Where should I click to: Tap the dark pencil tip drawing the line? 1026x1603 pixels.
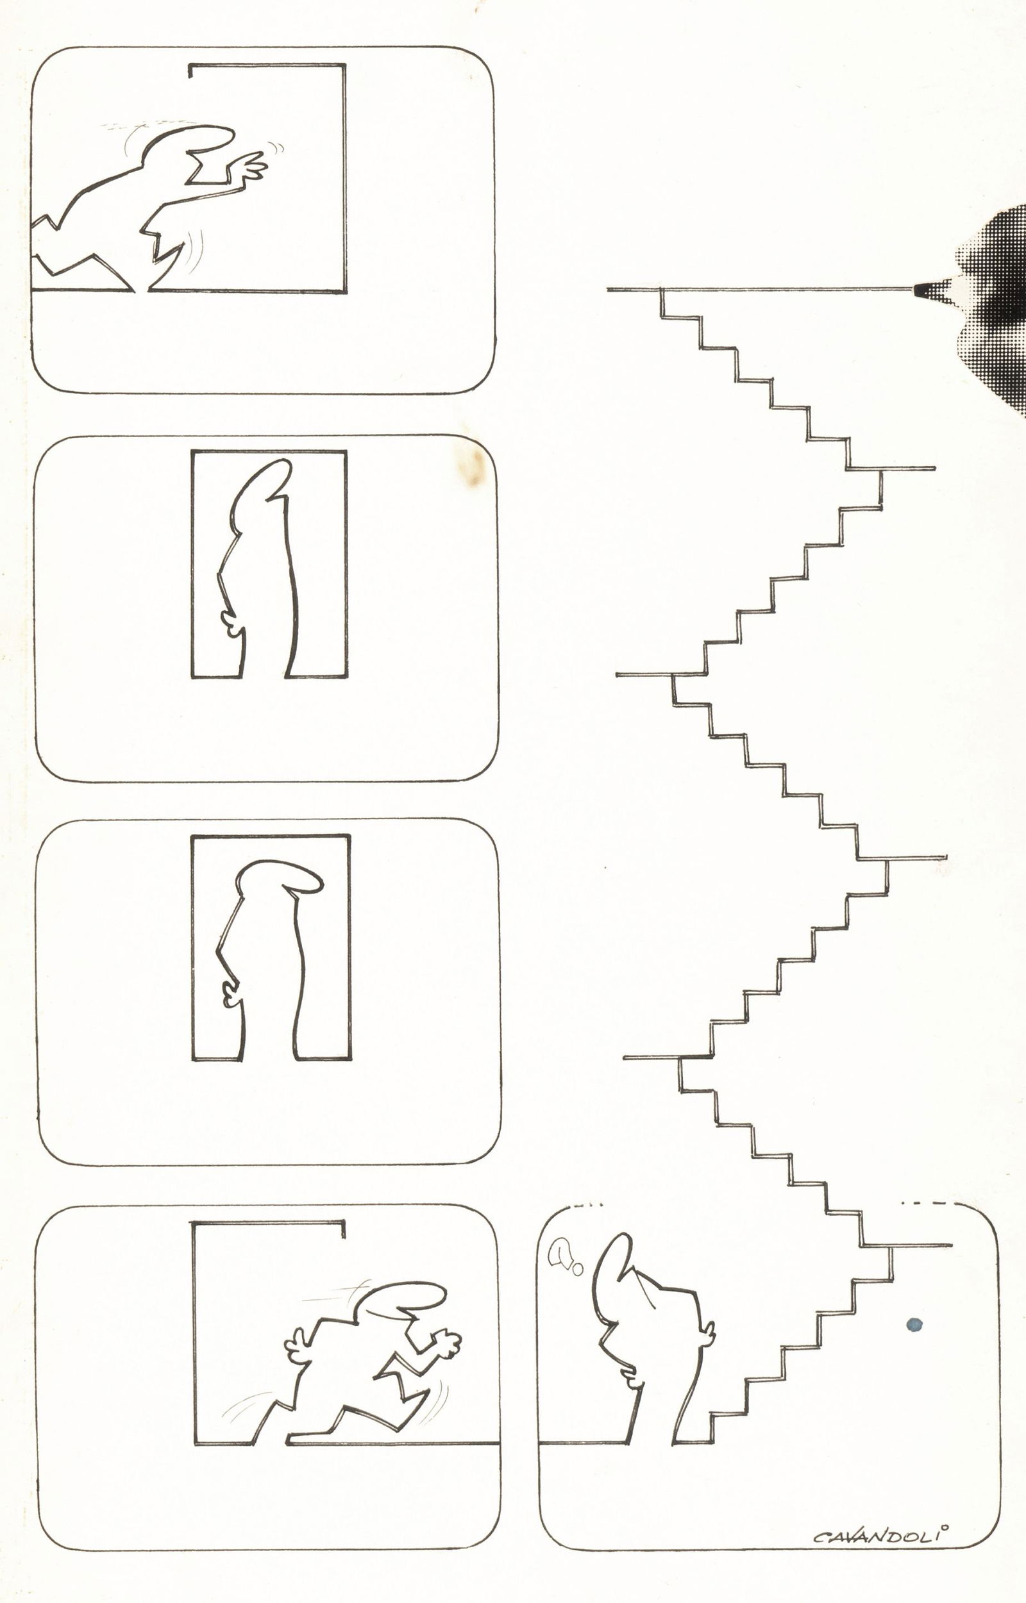[x=923, y=290]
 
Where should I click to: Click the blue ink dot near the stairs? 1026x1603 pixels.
[x=914, y=1325]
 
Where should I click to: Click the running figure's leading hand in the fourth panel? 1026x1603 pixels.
[x=446, y=1342]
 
